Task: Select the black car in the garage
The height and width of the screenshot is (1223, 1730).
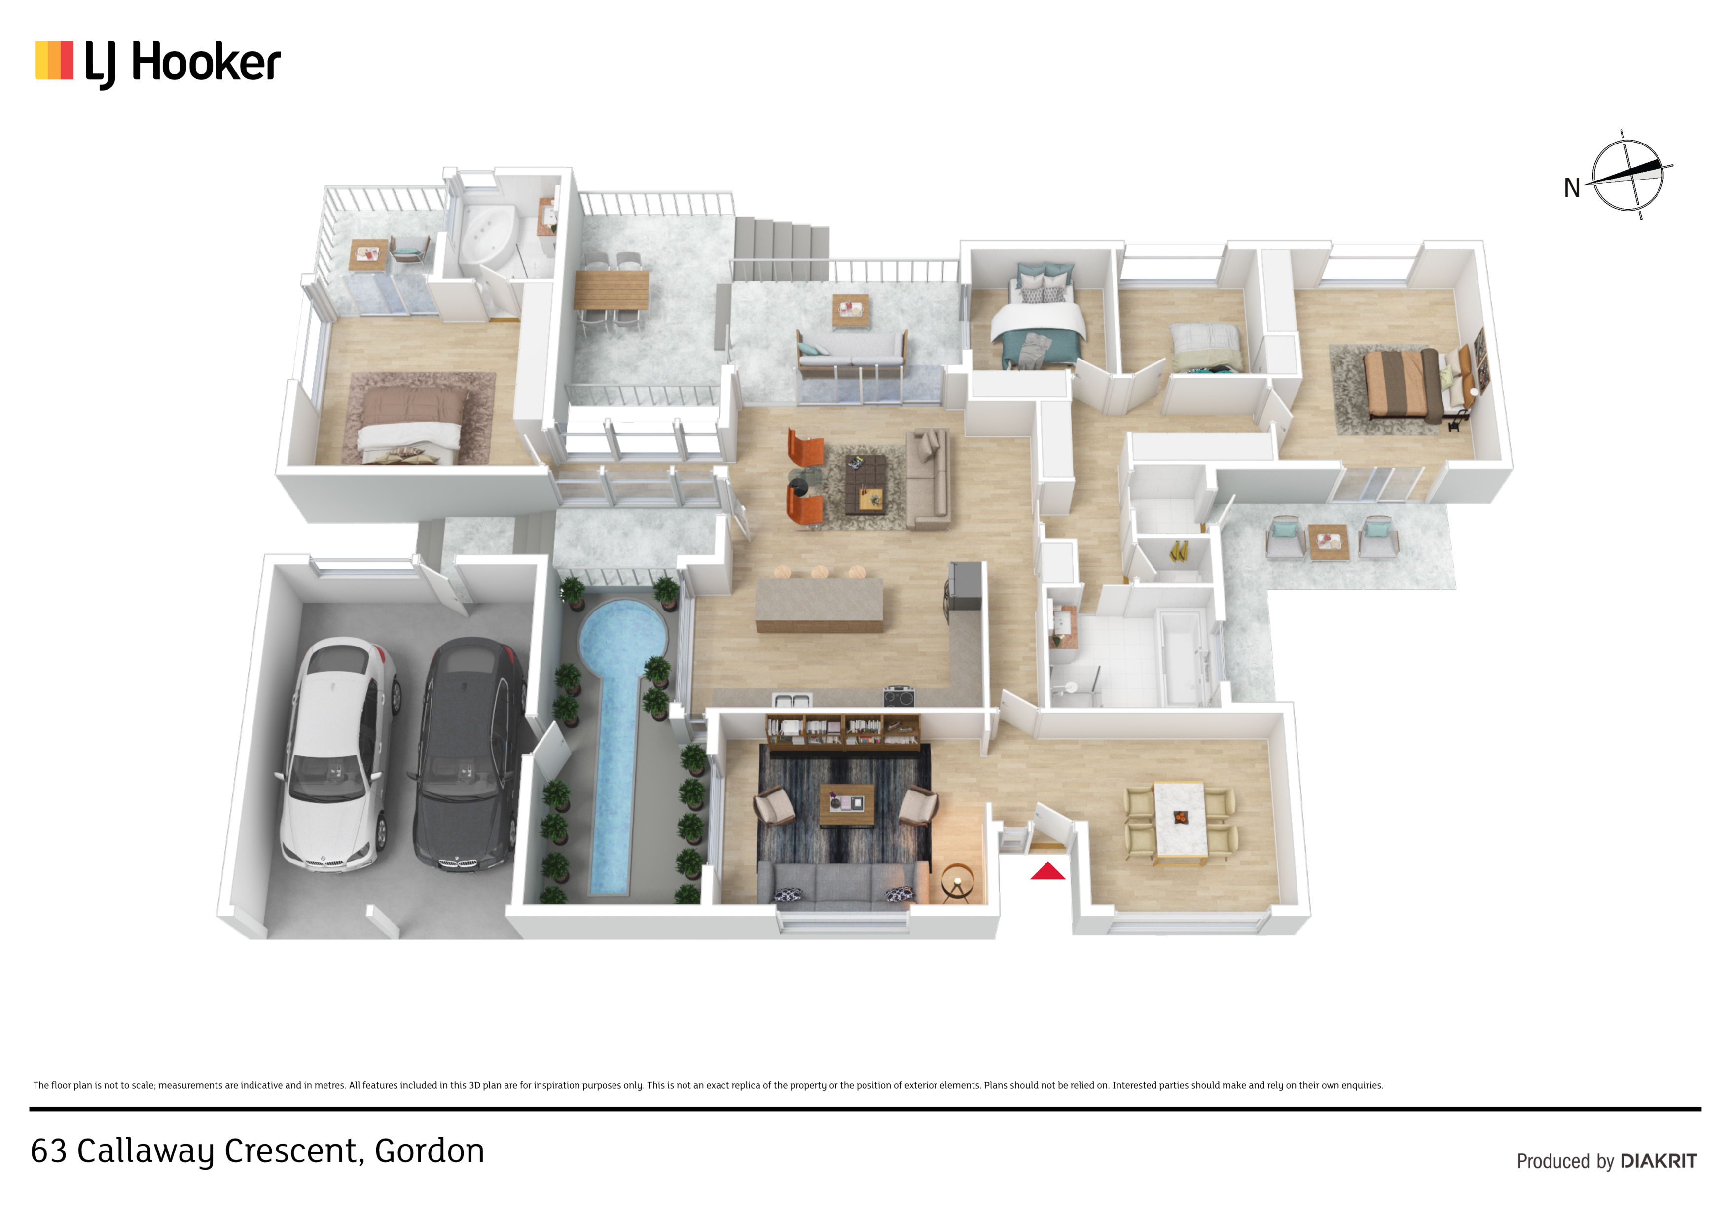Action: coord(467,754)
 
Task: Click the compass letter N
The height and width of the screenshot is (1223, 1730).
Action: coord(1572,187)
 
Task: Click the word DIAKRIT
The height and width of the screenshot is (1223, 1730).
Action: coord(1658,1161)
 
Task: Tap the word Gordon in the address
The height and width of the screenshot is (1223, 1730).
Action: coord(430,1151)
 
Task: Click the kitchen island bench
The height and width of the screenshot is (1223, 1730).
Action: coord(819,604)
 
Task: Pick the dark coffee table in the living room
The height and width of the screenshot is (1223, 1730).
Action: coord(865,483)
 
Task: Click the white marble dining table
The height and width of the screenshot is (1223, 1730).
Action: coord(1180,823)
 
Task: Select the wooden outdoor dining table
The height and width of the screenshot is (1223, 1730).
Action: coord(611,290)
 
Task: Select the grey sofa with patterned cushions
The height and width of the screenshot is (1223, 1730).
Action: coord(842,884)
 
